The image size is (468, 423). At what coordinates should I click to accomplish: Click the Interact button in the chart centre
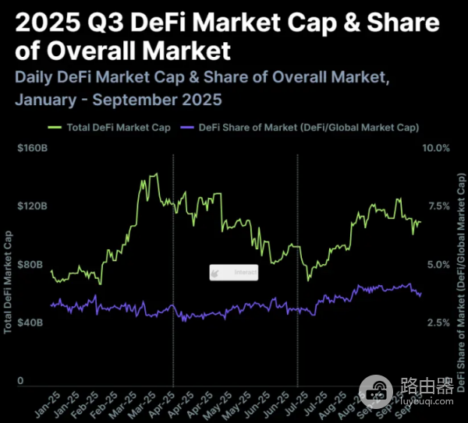(233, 273)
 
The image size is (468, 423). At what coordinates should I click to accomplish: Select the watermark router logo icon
(378, 388)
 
